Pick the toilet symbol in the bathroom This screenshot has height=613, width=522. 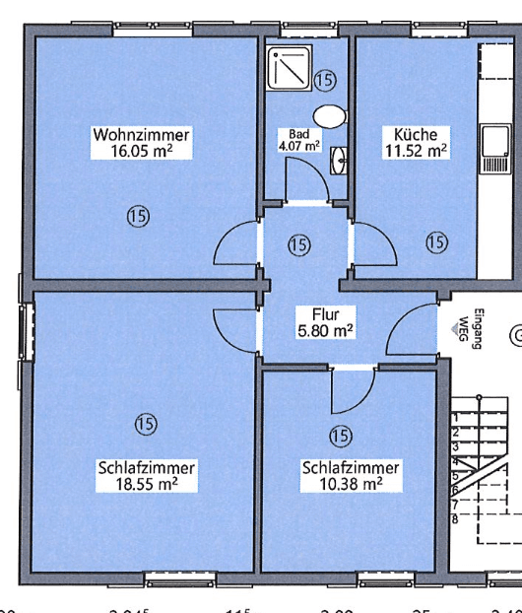[333, 114]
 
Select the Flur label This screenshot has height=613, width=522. [326, 315]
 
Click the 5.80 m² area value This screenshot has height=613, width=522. [326, 331]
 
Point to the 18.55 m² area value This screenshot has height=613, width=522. [147, 484]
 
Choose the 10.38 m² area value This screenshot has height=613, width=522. [351, 484]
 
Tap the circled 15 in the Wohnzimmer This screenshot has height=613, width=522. [137, 217]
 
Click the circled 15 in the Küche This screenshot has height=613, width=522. [435, 241]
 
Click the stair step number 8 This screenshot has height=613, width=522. [454, 517]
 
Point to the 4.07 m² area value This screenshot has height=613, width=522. [299, 146]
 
